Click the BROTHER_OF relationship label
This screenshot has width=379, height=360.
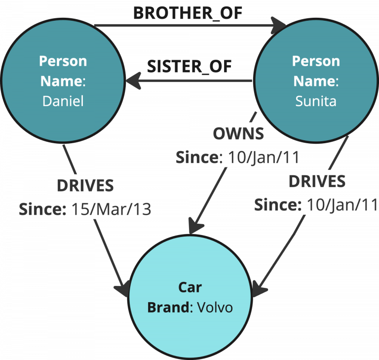[x=188, y=12]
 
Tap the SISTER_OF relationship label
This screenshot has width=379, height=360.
[x=189, y=66]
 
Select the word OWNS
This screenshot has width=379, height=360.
[x=238, y=133]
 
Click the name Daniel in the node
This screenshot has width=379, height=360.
[x=63, y=101]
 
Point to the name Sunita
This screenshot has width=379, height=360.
[x=316, y=101]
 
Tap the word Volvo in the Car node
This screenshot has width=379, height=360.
[x=215, y=307]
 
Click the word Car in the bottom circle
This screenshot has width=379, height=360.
[x=190, y=287]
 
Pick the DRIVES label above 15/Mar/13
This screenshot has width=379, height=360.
[x=85, y=186]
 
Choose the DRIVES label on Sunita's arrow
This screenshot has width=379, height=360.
[x=317, y=181]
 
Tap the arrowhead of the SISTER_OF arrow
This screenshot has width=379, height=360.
[x=132, y=80]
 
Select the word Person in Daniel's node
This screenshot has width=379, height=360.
[x=63, y=61]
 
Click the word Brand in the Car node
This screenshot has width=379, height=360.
[x=168, y=307]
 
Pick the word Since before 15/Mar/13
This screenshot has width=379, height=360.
[x=42, y=209]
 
